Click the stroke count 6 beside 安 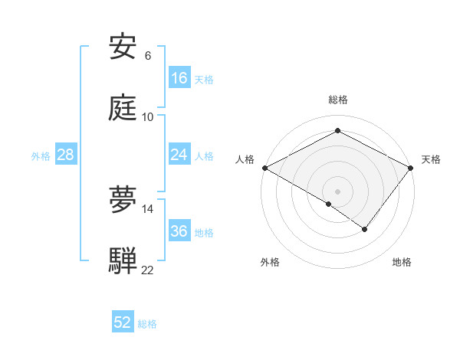click(147, 56)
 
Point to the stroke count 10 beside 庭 click(147, 116)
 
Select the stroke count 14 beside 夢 click(147, 208)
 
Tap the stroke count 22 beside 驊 click(147, 269)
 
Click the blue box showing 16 click(179, 78)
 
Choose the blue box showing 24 click(179, 155)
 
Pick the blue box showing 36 click(179, 231)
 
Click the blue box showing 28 click(66, 155)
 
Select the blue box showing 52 click(123, 322)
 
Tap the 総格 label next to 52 click(147, 324)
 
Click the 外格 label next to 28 click(41, 156)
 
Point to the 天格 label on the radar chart click(431, 159)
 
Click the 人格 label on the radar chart click(245, 159)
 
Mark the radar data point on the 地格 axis click(365, 229)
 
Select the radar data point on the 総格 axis click(337, 131)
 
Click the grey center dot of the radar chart click(337, 191)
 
